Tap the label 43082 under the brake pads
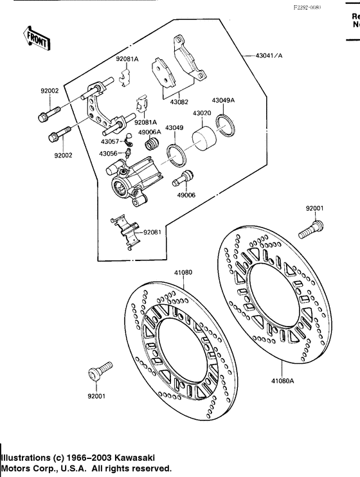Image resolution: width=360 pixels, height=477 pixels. (179, 102)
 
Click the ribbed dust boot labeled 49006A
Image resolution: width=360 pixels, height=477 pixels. (153, 143)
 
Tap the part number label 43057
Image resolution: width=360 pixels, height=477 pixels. (109, 141)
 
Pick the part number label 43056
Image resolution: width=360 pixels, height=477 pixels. (108, 154)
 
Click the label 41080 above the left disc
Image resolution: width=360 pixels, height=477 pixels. (183, 273)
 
